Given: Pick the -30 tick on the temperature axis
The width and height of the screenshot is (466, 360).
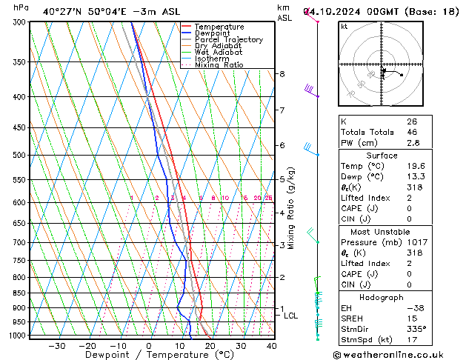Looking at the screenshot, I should pos(56,346).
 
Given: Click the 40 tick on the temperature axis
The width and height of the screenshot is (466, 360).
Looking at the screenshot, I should pos(271,346).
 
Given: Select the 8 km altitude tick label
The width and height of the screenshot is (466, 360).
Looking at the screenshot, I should pos(282,74).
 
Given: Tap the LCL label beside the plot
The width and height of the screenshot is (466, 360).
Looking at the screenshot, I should pos(291,316).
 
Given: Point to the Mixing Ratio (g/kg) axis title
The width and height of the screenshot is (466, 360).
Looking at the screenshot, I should pos(291,208).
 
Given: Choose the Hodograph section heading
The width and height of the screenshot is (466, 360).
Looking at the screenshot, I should pos(382,297).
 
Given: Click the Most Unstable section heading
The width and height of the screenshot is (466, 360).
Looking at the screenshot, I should pos(382,232).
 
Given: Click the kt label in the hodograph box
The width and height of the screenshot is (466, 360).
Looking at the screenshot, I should pos(344,27).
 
